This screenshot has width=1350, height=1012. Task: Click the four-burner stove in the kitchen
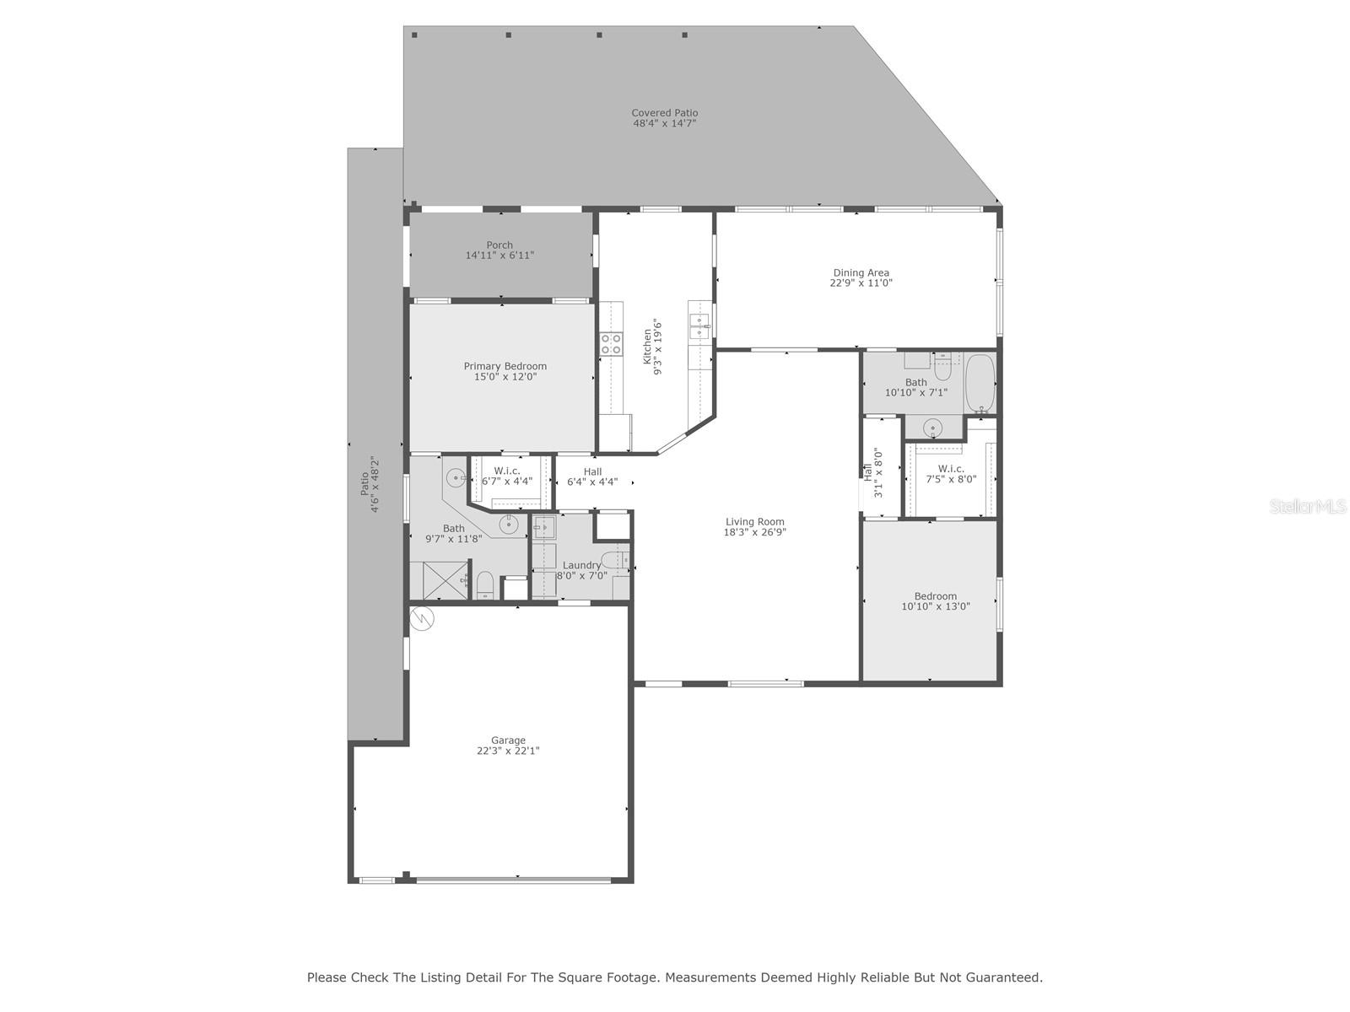click(610, 343)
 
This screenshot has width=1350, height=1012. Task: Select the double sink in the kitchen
click(699, 326)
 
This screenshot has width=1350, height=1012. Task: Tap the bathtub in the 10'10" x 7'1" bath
click(979, 383)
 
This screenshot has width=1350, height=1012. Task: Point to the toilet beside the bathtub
click(942, 369)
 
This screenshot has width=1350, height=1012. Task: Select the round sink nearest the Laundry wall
click(508, 525)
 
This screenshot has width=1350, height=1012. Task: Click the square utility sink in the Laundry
click(544, 527)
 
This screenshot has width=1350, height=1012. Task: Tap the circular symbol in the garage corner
click(424, 618)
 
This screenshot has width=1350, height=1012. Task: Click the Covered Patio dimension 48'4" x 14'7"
click(664, 123)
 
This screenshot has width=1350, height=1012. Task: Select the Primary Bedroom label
click(505, 366)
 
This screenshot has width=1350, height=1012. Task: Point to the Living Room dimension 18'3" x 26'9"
click(754, 533)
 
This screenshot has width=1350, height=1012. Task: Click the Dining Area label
click(861, 272)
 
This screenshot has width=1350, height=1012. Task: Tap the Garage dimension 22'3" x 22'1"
click(508, 751)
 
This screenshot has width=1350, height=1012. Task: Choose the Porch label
click(499, 245)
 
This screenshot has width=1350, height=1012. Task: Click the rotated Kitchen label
click(647, 347)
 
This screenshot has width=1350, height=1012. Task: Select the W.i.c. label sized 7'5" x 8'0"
click(951, 469)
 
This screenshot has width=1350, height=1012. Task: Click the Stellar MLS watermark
click(1308, 506)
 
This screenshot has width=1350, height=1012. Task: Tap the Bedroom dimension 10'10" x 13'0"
click(936, 606)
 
